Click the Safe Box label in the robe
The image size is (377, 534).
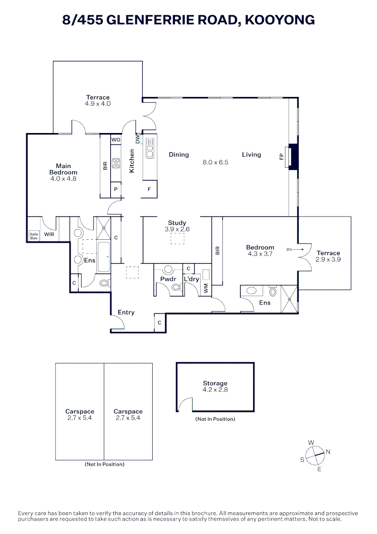pyautogui.click(x=34, y=236)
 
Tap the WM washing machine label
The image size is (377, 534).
pyautogui.click(x=206, y=289)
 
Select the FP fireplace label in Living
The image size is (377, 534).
pyautogui.click(x=281, y=156)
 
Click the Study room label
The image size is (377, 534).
pyautogui.click(x=177, y=223)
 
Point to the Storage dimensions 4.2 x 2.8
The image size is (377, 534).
pyautogui.click(x=215, y=390)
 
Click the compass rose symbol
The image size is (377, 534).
pyautogui.click(x=315, y=455)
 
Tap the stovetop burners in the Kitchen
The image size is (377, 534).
pyautogui.click(x=116, y=163)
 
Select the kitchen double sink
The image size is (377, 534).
pyautogui.click(x=150, y=148)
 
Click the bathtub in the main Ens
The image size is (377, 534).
pyautogui.click(x=103, y=257)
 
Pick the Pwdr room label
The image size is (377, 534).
pyautogui.click(x=168, y=279)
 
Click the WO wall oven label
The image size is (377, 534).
pyautogui.click(x=116, y=139)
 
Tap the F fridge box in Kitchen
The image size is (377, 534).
pyautogui.click(x=149, y=189)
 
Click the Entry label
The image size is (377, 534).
pyautogui.click(x=126, y=312)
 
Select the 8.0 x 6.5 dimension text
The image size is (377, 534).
pyautogui.click(x=215, y=163)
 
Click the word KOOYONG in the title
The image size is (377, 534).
pyautogui.click(x=280, y=20)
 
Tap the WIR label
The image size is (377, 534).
pyautogui.click(x=49, y=234)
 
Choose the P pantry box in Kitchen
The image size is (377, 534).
pyautogui.click(x=116, y=189)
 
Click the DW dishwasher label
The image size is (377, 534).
pyautogui.click(x=137, y=138)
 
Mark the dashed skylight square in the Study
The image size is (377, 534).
pyautogui.click(x=177, y=239)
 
